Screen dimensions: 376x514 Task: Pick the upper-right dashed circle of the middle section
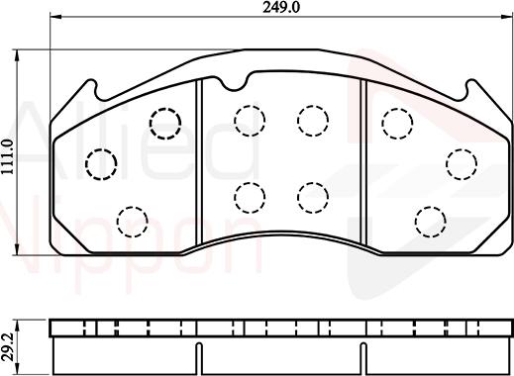pos(312,121)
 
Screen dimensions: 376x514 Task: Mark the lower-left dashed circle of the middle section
pos(248,196)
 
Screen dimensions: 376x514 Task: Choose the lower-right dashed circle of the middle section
pos(312,196)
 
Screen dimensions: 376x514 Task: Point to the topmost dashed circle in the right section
pos(397,122)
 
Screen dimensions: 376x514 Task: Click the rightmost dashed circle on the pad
pos(460,162)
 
